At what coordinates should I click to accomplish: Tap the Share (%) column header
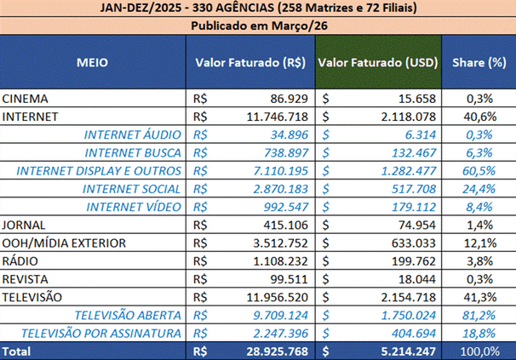pyautogui.click(x=479, y=63)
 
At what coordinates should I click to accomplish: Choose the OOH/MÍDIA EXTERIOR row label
pyautogui.click(x=65, y=243)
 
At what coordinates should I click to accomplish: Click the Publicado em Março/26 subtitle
pyautogui.click(x=257, y=26)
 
